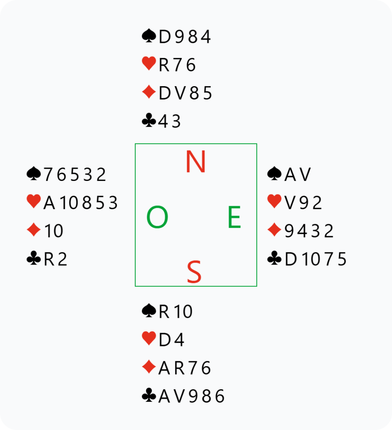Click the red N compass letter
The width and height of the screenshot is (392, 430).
coord(195,162)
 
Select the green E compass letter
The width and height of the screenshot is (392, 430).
coord(234,218)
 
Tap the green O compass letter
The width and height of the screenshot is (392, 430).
coord(157,218)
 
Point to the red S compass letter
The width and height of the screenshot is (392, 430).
coord(194,272)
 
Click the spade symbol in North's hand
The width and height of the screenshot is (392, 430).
coord(149,37)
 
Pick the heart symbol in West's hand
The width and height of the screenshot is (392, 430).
coord(33,202)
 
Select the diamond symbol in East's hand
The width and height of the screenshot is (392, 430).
coord(274,231)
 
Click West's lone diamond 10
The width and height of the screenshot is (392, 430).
coord(53,231)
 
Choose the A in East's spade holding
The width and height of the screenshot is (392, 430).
coord(290,174)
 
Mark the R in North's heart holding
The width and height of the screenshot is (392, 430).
coord(163,65)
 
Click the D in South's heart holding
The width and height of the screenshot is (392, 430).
coord(164,340)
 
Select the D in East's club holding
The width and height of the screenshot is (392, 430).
coord(290,260)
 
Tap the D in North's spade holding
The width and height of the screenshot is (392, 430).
coord(164,37)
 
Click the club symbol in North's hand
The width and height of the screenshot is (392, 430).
coord(149,122)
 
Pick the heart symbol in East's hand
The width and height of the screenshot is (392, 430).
coord(274,202)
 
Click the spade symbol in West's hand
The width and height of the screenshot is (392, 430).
coord(33,174)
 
